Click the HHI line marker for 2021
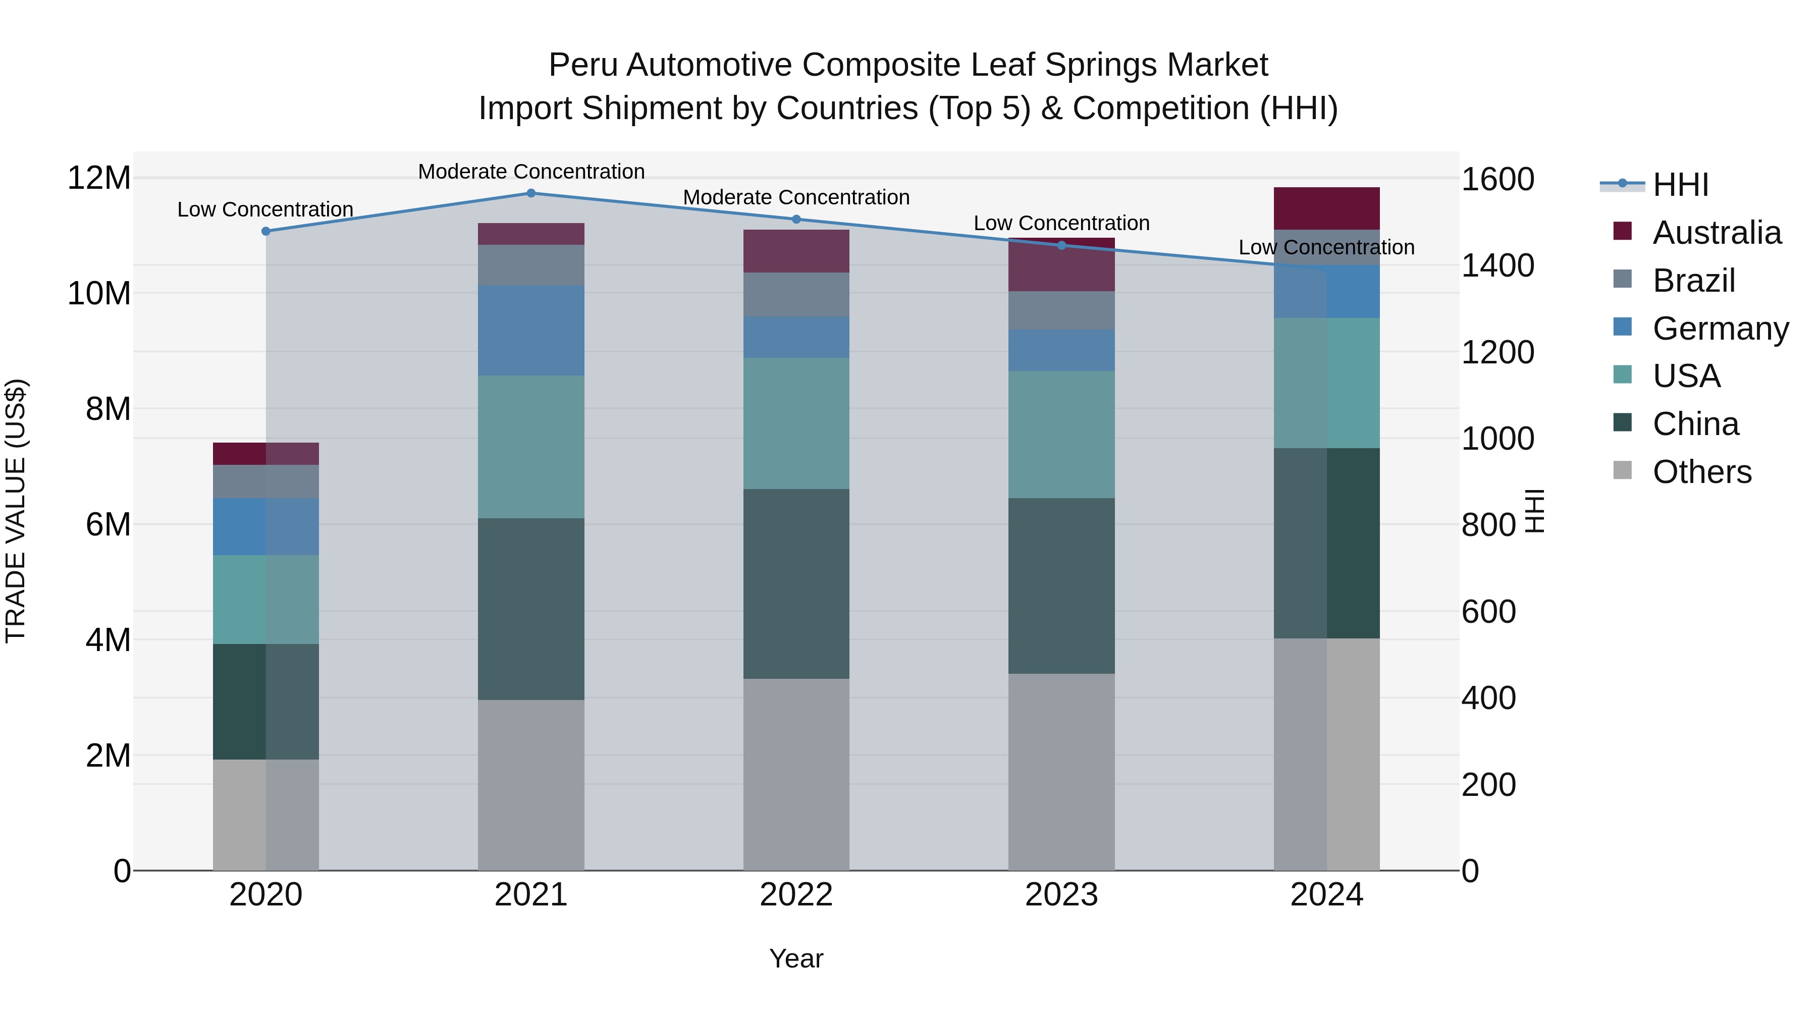[x=531, y=193]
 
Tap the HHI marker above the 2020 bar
[x=266, y=231]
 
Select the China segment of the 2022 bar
[x=796, y=584]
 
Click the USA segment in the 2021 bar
[x=531, y=447]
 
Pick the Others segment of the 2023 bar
[x=1061, y=772]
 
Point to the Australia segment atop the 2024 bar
[x=1327, y=209]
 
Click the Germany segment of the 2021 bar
[x=531, y=330]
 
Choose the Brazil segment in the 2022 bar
[x=796, y=295]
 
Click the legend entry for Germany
[x=1720, y=329]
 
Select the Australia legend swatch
[x=1622, y=231]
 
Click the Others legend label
[x=1701, y=472]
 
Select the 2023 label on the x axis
[x=1061, y=895]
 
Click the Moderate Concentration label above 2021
[x=531, y=172]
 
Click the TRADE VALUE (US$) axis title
[x=16, y=511]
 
